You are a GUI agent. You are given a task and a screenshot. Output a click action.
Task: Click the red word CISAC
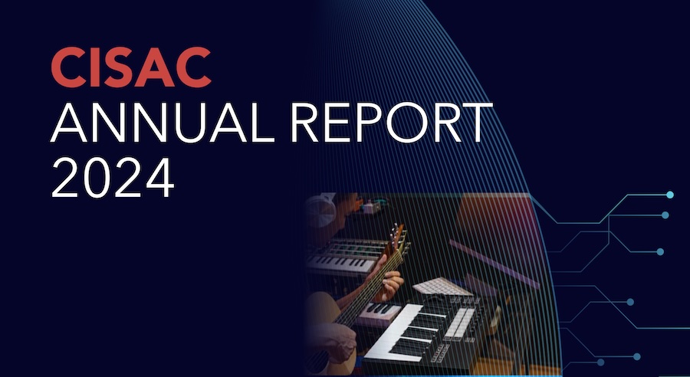click(x=130, y=67)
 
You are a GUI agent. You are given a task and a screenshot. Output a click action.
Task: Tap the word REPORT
click(x=391, y=123)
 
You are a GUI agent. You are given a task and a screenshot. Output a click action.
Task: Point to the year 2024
click(x=112, y=177)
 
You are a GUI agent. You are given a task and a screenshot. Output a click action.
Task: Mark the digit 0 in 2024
click(x=97, y=177)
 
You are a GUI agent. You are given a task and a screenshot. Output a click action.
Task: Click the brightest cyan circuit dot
click(x=670, y=195)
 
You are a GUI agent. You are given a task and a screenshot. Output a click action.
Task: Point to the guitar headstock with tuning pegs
click(x=398, y=238)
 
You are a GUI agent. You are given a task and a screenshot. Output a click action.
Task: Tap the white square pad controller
click(x=442, y=287)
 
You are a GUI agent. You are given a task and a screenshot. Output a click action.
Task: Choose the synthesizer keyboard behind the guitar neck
click(x=347, y=256)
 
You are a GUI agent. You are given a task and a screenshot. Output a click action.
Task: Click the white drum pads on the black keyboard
click(x=458, y=323)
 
